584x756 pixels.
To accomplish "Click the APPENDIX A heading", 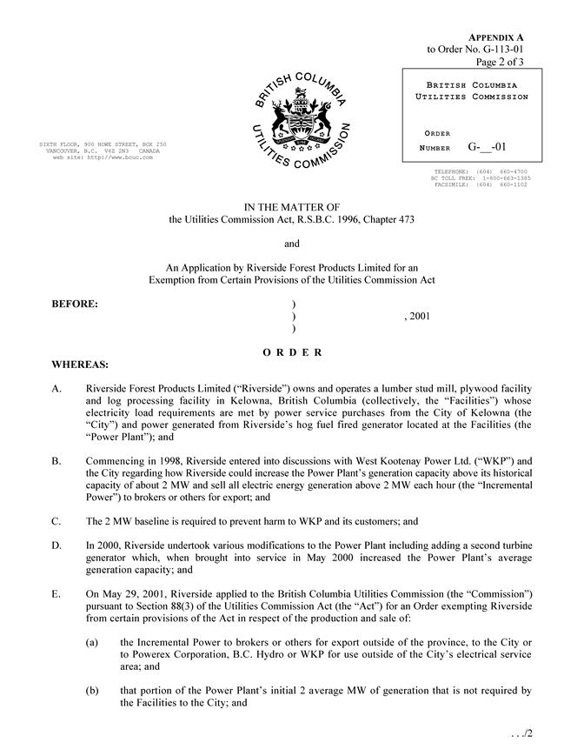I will [x=495, y=38].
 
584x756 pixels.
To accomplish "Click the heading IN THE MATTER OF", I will [x=291, y=206].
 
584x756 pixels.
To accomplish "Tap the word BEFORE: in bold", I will [x=76, y=304].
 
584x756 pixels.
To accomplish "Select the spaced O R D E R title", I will [x=292, y=352].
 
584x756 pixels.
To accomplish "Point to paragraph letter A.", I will [x=57, y=388].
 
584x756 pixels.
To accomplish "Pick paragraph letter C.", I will [x=57, y=522].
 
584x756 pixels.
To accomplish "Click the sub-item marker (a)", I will [x=92, y=641].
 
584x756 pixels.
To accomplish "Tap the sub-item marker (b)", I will [x=92, y=690].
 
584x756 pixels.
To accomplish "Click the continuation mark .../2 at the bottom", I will [x=521, y=733].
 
